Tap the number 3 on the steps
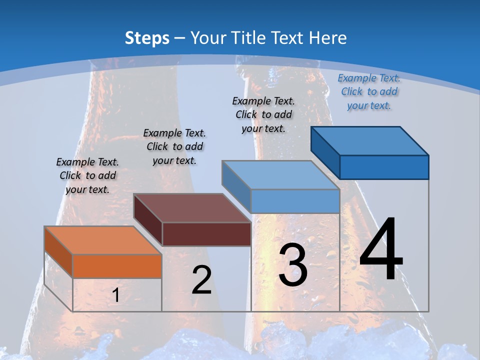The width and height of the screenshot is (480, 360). (x=292, y=265)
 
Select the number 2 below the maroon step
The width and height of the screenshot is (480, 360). (x=201, y=280)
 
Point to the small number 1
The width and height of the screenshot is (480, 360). (x=115, y=295)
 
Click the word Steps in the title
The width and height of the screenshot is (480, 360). (x=147, y=38)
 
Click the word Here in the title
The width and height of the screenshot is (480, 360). (x=328, y=38)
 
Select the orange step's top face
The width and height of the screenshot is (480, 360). (x=102, y=240)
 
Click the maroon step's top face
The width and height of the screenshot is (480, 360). (x=192, y=208)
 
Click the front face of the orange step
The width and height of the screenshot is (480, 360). (x=117, y=266)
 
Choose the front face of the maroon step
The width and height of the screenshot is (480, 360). (x=206, y=234)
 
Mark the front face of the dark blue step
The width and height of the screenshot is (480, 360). (x=384, y=167)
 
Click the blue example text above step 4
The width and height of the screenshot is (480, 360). (x=369, y=91)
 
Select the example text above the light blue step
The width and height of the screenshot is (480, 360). (x=263, y=114)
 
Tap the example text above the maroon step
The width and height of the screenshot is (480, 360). (x=174, y=146)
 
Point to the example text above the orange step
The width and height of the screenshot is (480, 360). (x=87, y=175)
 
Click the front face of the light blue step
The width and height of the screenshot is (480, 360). (x=295, y=201)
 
